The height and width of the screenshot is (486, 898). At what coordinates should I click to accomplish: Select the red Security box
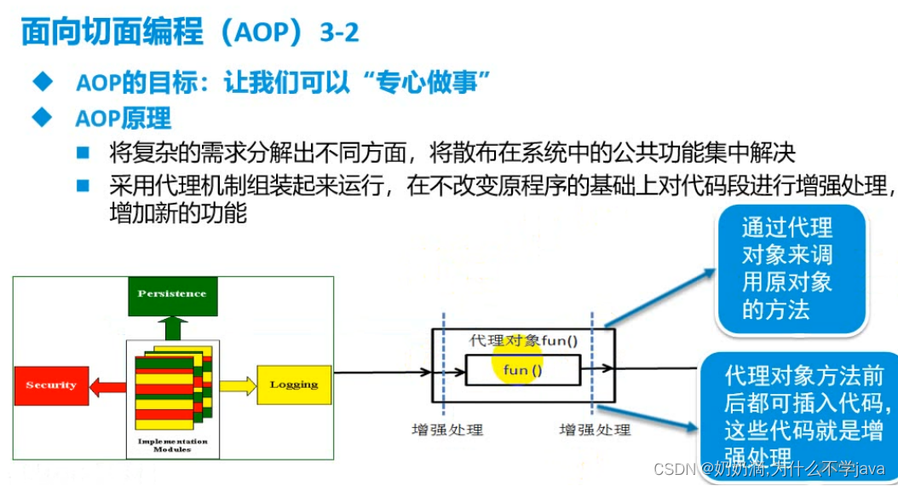50,385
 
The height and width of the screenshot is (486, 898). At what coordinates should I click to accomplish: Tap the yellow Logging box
293,385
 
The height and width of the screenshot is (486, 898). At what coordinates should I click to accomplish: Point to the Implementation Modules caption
172,445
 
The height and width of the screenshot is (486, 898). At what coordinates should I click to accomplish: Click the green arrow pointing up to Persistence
172,327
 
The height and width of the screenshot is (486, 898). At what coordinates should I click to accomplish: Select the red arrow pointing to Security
107,386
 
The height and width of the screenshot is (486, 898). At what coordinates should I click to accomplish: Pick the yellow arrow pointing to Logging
238,385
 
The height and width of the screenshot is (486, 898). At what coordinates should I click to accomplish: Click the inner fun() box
522,370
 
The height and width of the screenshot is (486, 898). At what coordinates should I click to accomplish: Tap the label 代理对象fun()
523,341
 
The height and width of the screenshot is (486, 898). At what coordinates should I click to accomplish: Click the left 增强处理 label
447,430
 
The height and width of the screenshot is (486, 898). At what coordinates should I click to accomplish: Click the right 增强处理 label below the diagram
595,430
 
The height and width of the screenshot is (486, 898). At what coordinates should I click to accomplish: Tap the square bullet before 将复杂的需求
83,153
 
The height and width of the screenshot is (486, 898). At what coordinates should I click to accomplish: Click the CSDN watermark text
768,469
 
